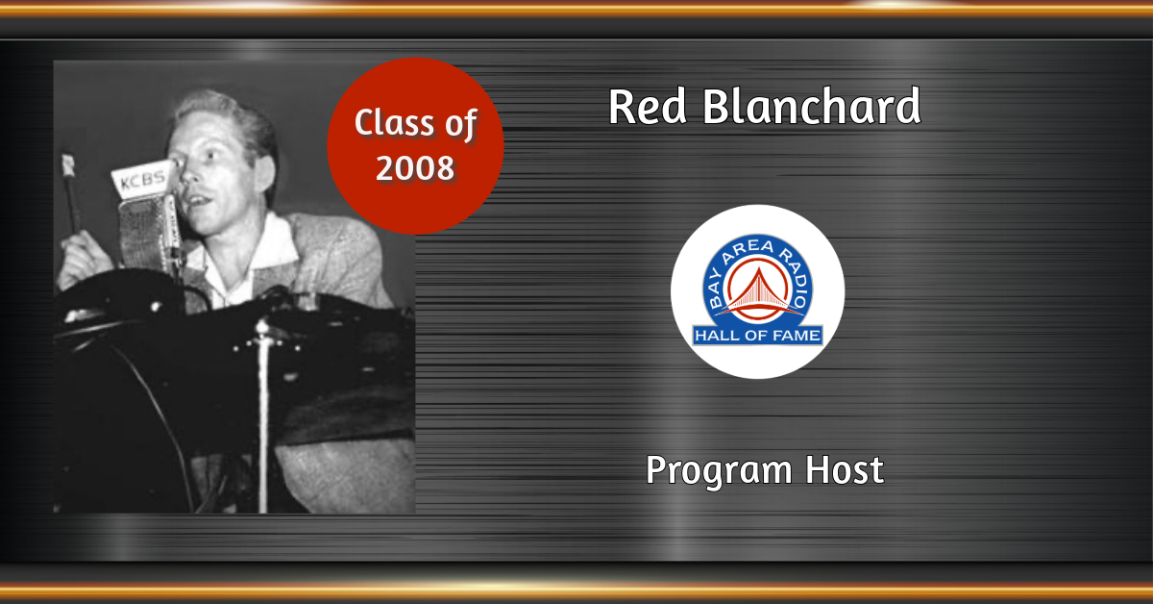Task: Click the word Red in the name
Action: pos(647,106)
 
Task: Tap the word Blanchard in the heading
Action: pos(812,105)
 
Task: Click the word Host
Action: pos(845,470)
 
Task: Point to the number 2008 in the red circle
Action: pos(415,167)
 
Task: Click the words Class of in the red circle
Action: pos(415,124)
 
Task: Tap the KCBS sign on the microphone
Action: pos(142,179)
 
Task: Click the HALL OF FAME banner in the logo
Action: pos(758,336)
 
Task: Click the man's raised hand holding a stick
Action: pos(83,258)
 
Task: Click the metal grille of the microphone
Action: pos(141,232)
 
